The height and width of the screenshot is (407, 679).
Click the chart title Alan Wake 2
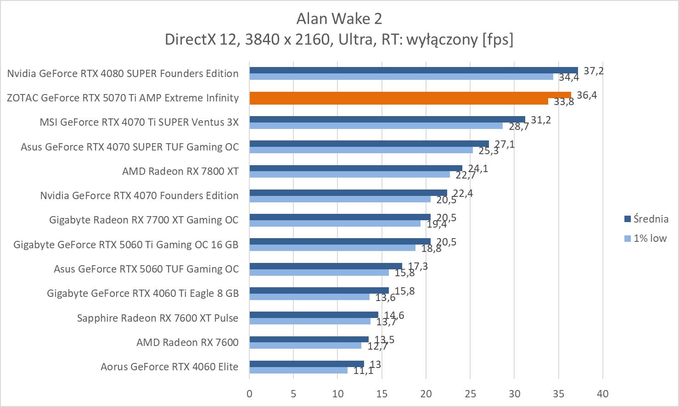pyautogui.click(x=339, y=18)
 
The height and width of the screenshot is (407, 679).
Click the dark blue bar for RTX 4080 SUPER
pyautogui.click(x=413, y=70)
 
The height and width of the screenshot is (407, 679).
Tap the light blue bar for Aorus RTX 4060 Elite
pyautogui.click(x=298, y=370)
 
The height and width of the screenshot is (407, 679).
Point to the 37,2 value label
pyautogui.click(x=594, y=71)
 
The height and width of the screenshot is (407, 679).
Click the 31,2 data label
pyautogui.click(x=541, y=120)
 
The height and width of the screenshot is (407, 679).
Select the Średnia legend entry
pyautogui.click(x=646, y=219)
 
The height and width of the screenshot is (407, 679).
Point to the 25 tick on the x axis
pyautogui.click(x=470, y=394)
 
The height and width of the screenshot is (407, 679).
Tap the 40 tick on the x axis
pyautogui.click(x=602, y=394)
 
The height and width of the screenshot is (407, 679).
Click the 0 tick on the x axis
pyautogui.click(x=249, y=394)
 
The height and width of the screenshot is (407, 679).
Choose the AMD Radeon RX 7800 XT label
pyautogui.click(x=180, y=171)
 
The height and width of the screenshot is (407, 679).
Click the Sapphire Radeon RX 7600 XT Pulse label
pyautogui.click(x=158, y=318)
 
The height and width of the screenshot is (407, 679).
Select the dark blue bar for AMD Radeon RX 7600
pyautogui.click(x=309, y=340)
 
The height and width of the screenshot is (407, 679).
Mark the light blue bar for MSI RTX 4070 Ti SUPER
pyautogui.click(x=376, y=126)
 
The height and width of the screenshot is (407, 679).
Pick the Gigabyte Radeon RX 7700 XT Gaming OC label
pyautogui.click(x=144, y=220)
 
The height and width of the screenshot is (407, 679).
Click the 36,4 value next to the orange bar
pyautogui.click(x=587, y=95)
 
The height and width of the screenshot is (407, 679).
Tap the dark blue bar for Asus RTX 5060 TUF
pyautogui.click(x=325, y=266)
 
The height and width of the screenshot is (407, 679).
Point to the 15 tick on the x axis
pyautogui.click(x=382, y=394)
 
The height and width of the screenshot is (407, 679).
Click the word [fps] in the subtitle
pyautogui.click(x=498, y=39)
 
